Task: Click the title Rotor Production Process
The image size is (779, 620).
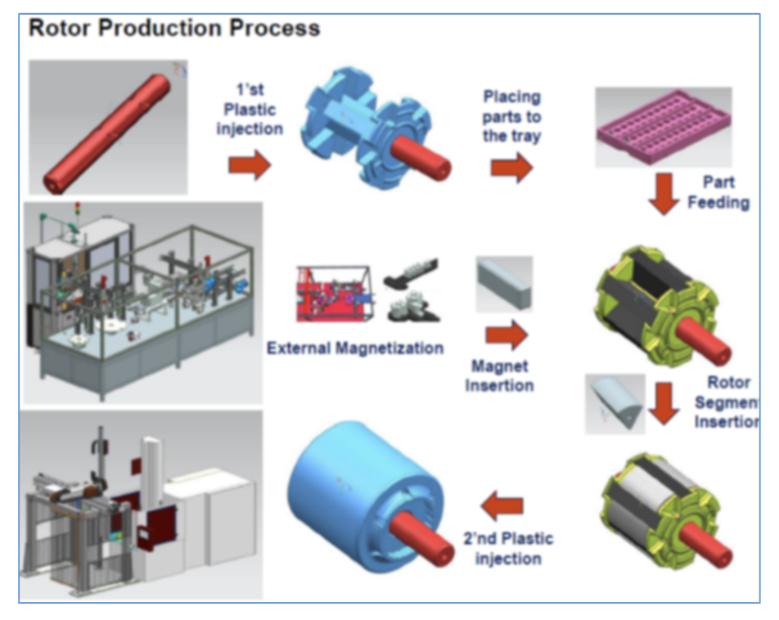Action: pyautogui.click(x=174, y=29)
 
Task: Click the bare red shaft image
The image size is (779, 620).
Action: pyautogui.click(x=108, y=127)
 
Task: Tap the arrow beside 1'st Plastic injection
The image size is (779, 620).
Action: pyautogui.click(x=249, y=165)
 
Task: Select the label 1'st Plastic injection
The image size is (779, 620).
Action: pyautogui.click(x=250, y=110)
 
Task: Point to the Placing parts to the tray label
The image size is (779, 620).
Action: pyautogui.click(x=511, y=116)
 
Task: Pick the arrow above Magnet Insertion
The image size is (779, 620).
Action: pyautogui.click(x=506, y=335)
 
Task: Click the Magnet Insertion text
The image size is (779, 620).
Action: pyautogui.click(x=499, y=375)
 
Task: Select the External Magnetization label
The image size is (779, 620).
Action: pyautogui.click(x=355, y=348)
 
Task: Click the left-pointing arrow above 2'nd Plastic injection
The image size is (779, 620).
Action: pyautogui.click(x=502, y=507)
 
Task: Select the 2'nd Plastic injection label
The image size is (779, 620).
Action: pyautogui.click(x=507, y=548)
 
